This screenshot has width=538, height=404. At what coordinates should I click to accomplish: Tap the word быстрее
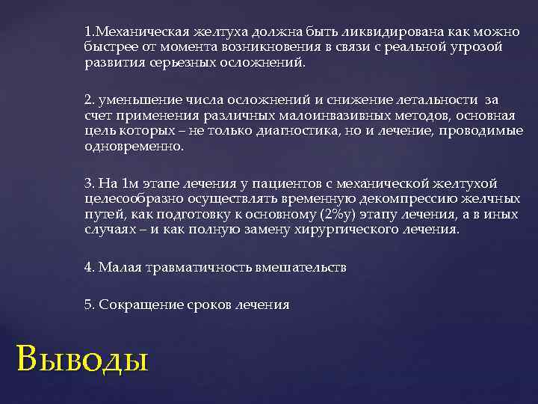click(106, 47)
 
